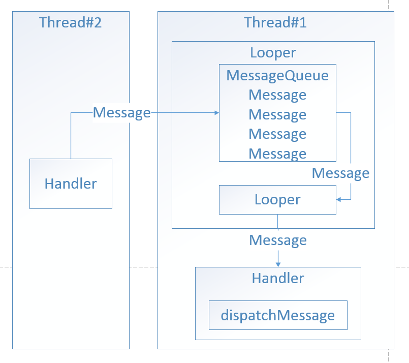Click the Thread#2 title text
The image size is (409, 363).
click(71, 23)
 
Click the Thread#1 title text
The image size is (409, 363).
click(275, 23)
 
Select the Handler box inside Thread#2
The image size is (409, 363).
click(71, 184)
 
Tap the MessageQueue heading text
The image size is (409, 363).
click(277, 76)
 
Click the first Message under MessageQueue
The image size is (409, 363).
click(277, 95)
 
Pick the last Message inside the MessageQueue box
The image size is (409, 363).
click(277, 154)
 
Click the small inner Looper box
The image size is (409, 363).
click(277, 200)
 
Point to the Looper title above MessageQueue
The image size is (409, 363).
click(273, 53)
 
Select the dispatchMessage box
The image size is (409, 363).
click(278, 315)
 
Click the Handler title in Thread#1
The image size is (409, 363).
click(278, 278)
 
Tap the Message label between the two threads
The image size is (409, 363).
click(122, 113)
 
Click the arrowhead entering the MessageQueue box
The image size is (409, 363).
click(216, 113)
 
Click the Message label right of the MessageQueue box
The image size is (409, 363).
click(340, 173)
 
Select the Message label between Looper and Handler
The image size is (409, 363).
click(278, 240)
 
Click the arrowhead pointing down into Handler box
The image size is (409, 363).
click(278, 264)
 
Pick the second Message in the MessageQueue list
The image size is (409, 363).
click(277, 114)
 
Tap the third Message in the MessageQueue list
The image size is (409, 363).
click(277, 134)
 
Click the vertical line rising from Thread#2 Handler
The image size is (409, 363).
click(71, 137)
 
